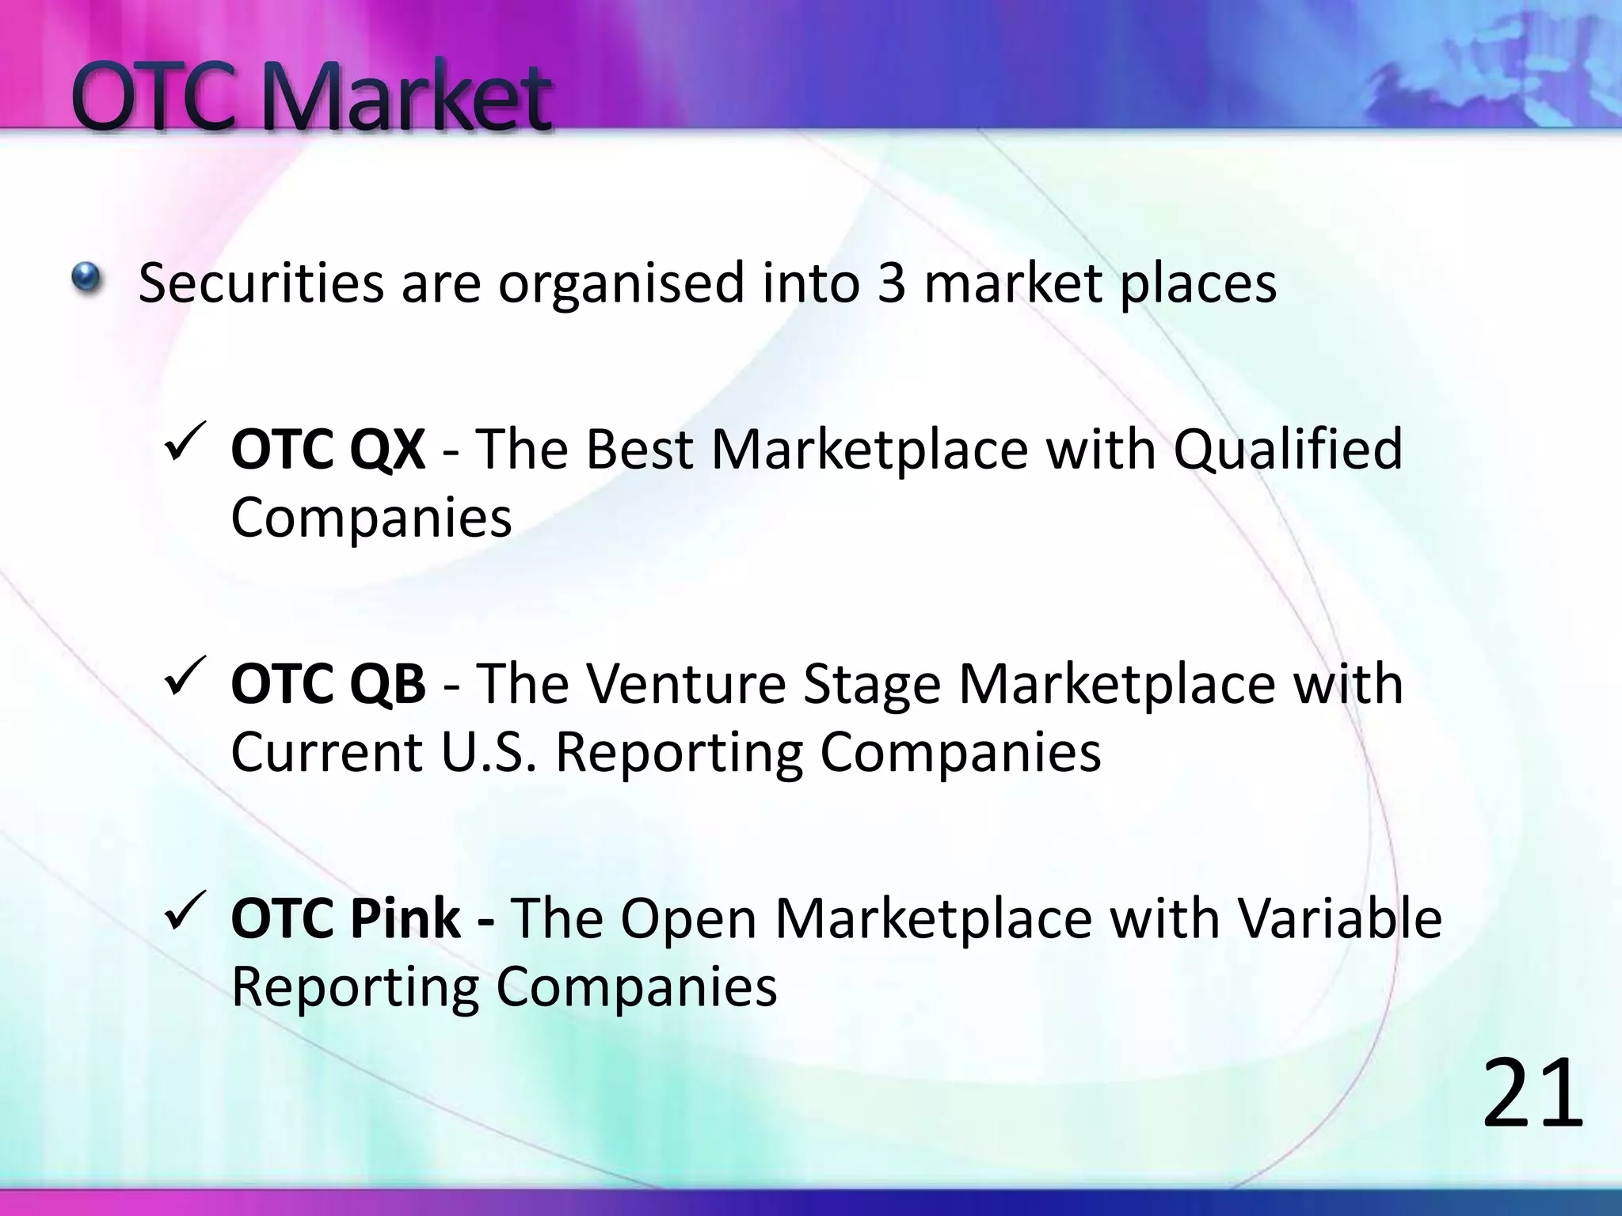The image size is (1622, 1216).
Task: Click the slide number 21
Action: (1532, 1095)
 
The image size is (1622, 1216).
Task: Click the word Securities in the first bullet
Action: (261, 283)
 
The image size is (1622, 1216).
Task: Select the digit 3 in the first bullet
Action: (891, 283)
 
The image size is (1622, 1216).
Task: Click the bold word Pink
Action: (405, 918)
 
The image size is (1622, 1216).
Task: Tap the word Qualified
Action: (1288, 450)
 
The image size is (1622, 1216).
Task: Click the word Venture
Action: (688, 684)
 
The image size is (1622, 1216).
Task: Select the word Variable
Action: (1339, 918)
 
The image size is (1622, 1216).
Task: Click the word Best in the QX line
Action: (640, 450)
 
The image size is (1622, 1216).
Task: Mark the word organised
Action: (621, 284)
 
